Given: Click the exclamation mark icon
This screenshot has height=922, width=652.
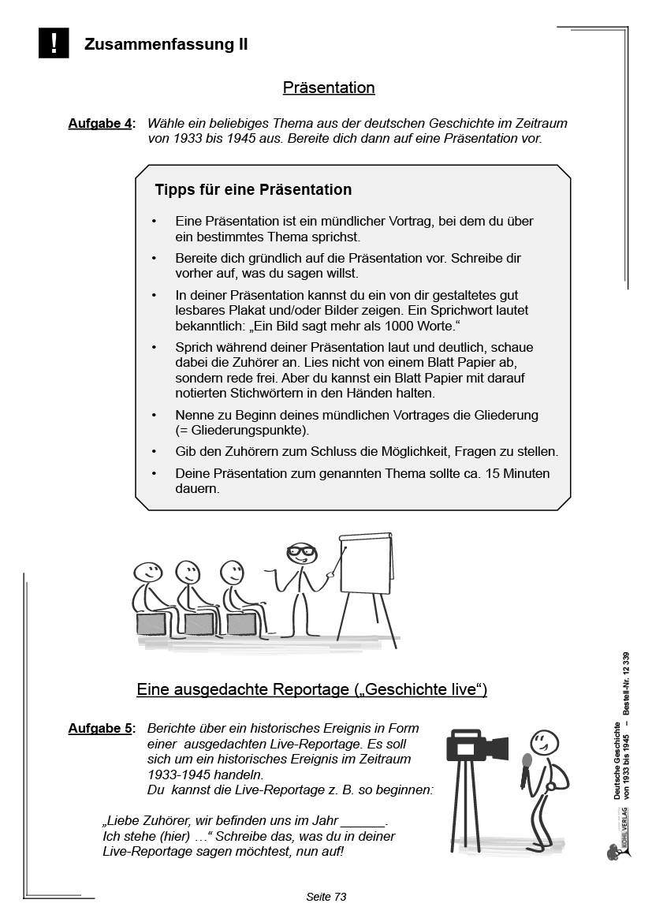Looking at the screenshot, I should click(54, 43).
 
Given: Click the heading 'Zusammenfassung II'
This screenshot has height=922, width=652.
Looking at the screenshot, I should click(166, 45).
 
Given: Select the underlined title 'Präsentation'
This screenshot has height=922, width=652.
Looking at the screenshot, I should click(329, 88).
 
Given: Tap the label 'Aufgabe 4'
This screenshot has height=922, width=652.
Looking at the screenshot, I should click(101, 124).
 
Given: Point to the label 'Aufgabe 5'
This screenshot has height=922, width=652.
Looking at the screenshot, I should click(101, 729).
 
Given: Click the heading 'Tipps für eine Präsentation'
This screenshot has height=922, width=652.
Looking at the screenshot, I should click(253, 190).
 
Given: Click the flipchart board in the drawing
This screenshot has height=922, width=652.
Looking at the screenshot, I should click(365, 564).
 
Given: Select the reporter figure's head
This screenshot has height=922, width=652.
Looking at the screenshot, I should click(543, 742).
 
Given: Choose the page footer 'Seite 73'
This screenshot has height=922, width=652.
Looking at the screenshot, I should click(326, 897).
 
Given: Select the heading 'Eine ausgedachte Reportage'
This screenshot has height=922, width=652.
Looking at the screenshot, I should click(311, 689).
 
